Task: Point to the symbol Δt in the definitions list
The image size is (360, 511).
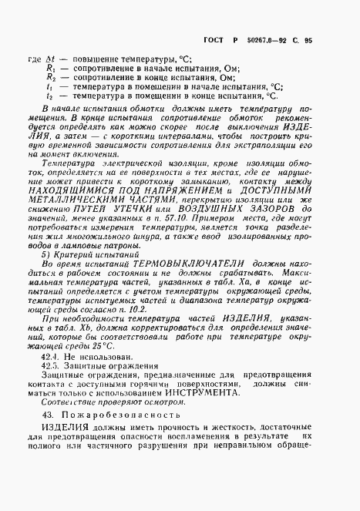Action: click(52, 59)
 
